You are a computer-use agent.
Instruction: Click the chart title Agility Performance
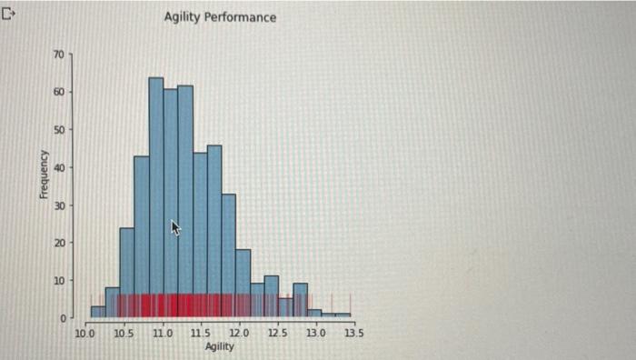[220, 17]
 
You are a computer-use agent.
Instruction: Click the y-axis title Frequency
[43, 175]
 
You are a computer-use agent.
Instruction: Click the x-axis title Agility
[219, 347]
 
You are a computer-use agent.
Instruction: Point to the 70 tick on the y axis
[58, 55]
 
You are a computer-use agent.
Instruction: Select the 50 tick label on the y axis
[58, 130]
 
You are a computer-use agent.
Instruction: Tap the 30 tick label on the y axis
[58, 205]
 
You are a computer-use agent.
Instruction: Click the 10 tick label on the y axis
[58, 281]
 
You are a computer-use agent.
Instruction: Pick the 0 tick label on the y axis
[61, 318]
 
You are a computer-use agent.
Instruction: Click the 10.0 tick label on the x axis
[84, 334]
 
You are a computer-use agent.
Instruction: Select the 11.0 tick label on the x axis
[162, 334]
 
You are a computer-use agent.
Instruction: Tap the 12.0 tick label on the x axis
[239, 334]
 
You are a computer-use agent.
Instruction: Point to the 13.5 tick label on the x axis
[353, 334]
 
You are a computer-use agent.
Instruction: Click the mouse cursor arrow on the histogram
[176, 227]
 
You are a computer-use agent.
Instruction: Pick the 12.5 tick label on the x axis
[277, 334]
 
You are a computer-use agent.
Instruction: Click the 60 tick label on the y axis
[58, 92]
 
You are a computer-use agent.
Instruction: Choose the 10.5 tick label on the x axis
[123, 334]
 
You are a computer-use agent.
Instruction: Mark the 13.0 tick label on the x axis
[315, 334]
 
